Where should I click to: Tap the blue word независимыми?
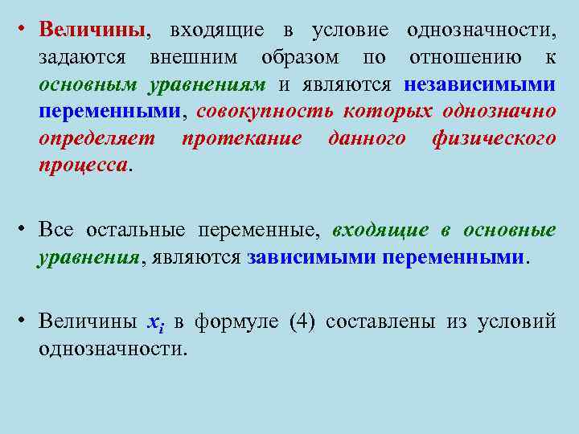479,85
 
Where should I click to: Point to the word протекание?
241,138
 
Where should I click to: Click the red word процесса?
83,165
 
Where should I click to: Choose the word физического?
493,138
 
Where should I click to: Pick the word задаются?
81,59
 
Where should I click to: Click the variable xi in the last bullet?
155,323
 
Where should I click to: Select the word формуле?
239,322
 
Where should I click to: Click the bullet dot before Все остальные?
26,231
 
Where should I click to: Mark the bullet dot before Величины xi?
26,322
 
